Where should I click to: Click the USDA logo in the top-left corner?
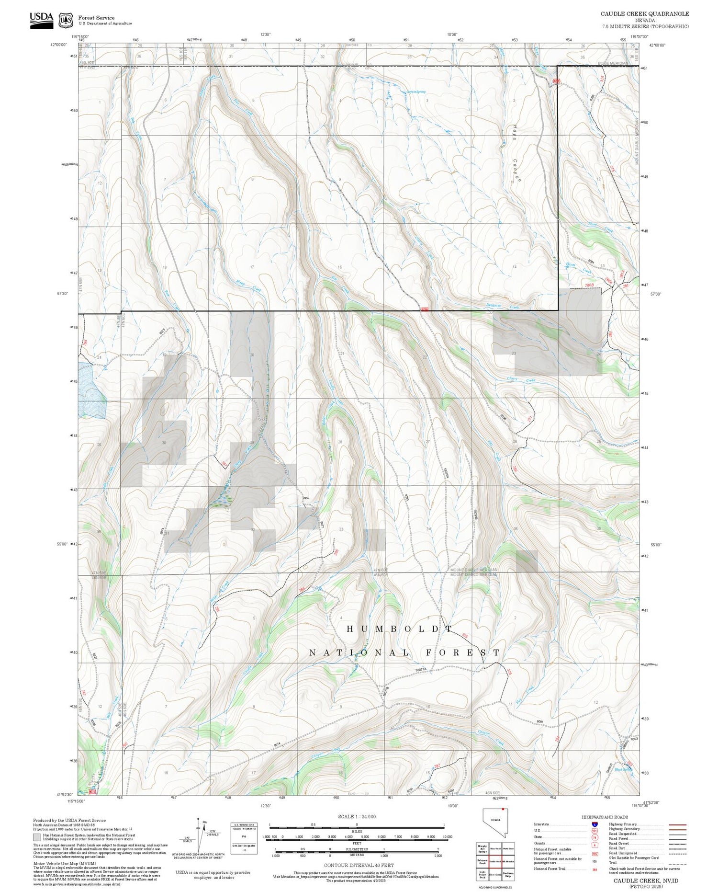point(41,20)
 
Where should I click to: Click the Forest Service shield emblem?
point(66,20)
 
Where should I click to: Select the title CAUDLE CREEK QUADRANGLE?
point(645,14)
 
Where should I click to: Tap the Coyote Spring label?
point(415,92)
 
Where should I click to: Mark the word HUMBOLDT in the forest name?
point(399,629)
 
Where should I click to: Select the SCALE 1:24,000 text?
point(357,817)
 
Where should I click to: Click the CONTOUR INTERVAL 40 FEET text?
point(359,866)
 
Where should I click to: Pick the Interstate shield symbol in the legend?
point(595,824)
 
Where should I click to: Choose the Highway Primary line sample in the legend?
point(676,825)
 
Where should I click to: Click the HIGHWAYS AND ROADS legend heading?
point(605,817)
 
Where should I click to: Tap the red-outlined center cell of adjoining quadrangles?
point(495,861)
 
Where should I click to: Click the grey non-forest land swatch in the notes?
point(37,837)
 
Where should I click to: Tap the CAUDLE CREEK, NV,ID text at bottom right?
point(646,881)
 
